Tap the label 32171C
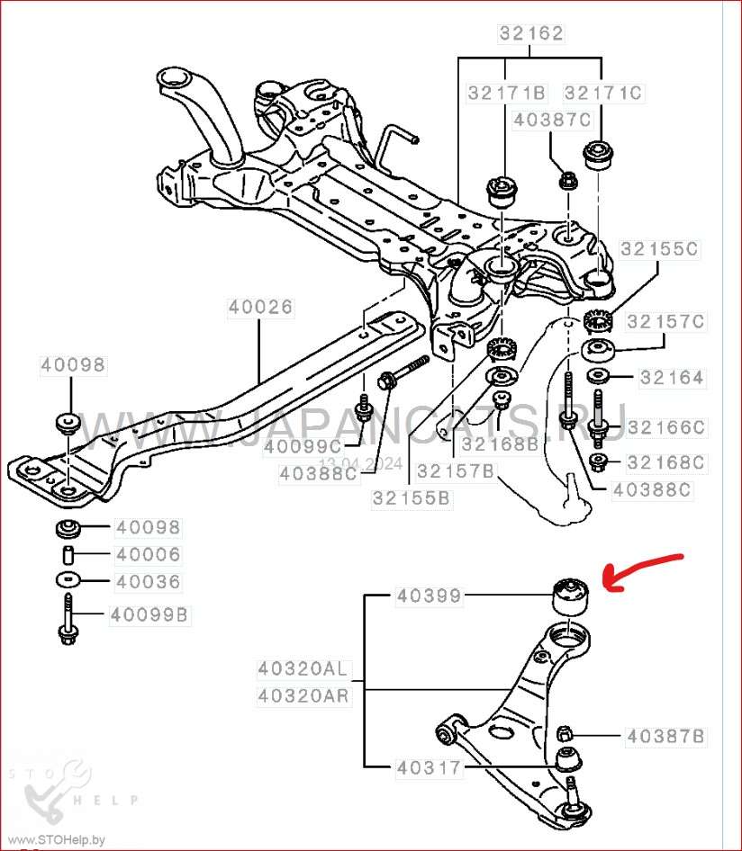[603, 93]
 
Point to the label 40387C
[552, 120]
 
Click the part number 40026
[260, 307]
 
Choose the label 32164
[673, 378]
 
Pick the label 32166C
[667, 427]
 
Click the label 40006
[148, 555]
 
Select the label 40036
[148, 582]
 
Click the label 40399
[429, 596]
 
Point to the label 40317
[429, 768]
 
